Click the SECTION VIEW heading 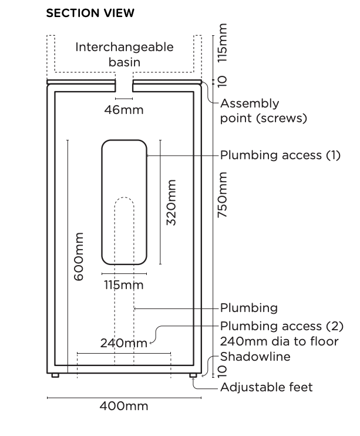point(90,13)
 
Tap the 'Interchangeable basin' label point(125,54)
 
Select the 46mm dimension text point(124,109)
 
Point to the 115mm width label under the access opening point(124,285)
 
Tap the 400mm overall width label point(124,406)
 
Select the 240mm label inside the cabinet point(123,343)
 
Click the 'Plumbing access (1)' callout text point(280,156)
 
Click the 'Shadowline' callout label point(255,357)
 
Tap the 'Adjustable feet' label point(266,387)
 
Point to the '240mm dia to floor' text point(279,341)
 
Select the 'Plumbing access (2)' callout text point(281,326)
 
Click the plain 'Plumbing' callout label point(248,308)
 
